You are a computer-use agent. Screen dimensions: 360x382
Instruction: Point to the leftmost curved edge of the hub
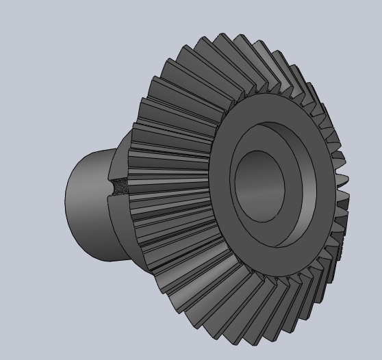click(x=66, y=198)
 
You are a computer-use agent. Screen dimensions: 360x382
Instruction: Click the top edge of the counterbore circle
click(x=274, y=124)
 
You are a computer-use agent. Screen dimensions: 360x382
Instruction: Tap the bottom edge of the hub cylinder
click(x=110, y=261)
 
